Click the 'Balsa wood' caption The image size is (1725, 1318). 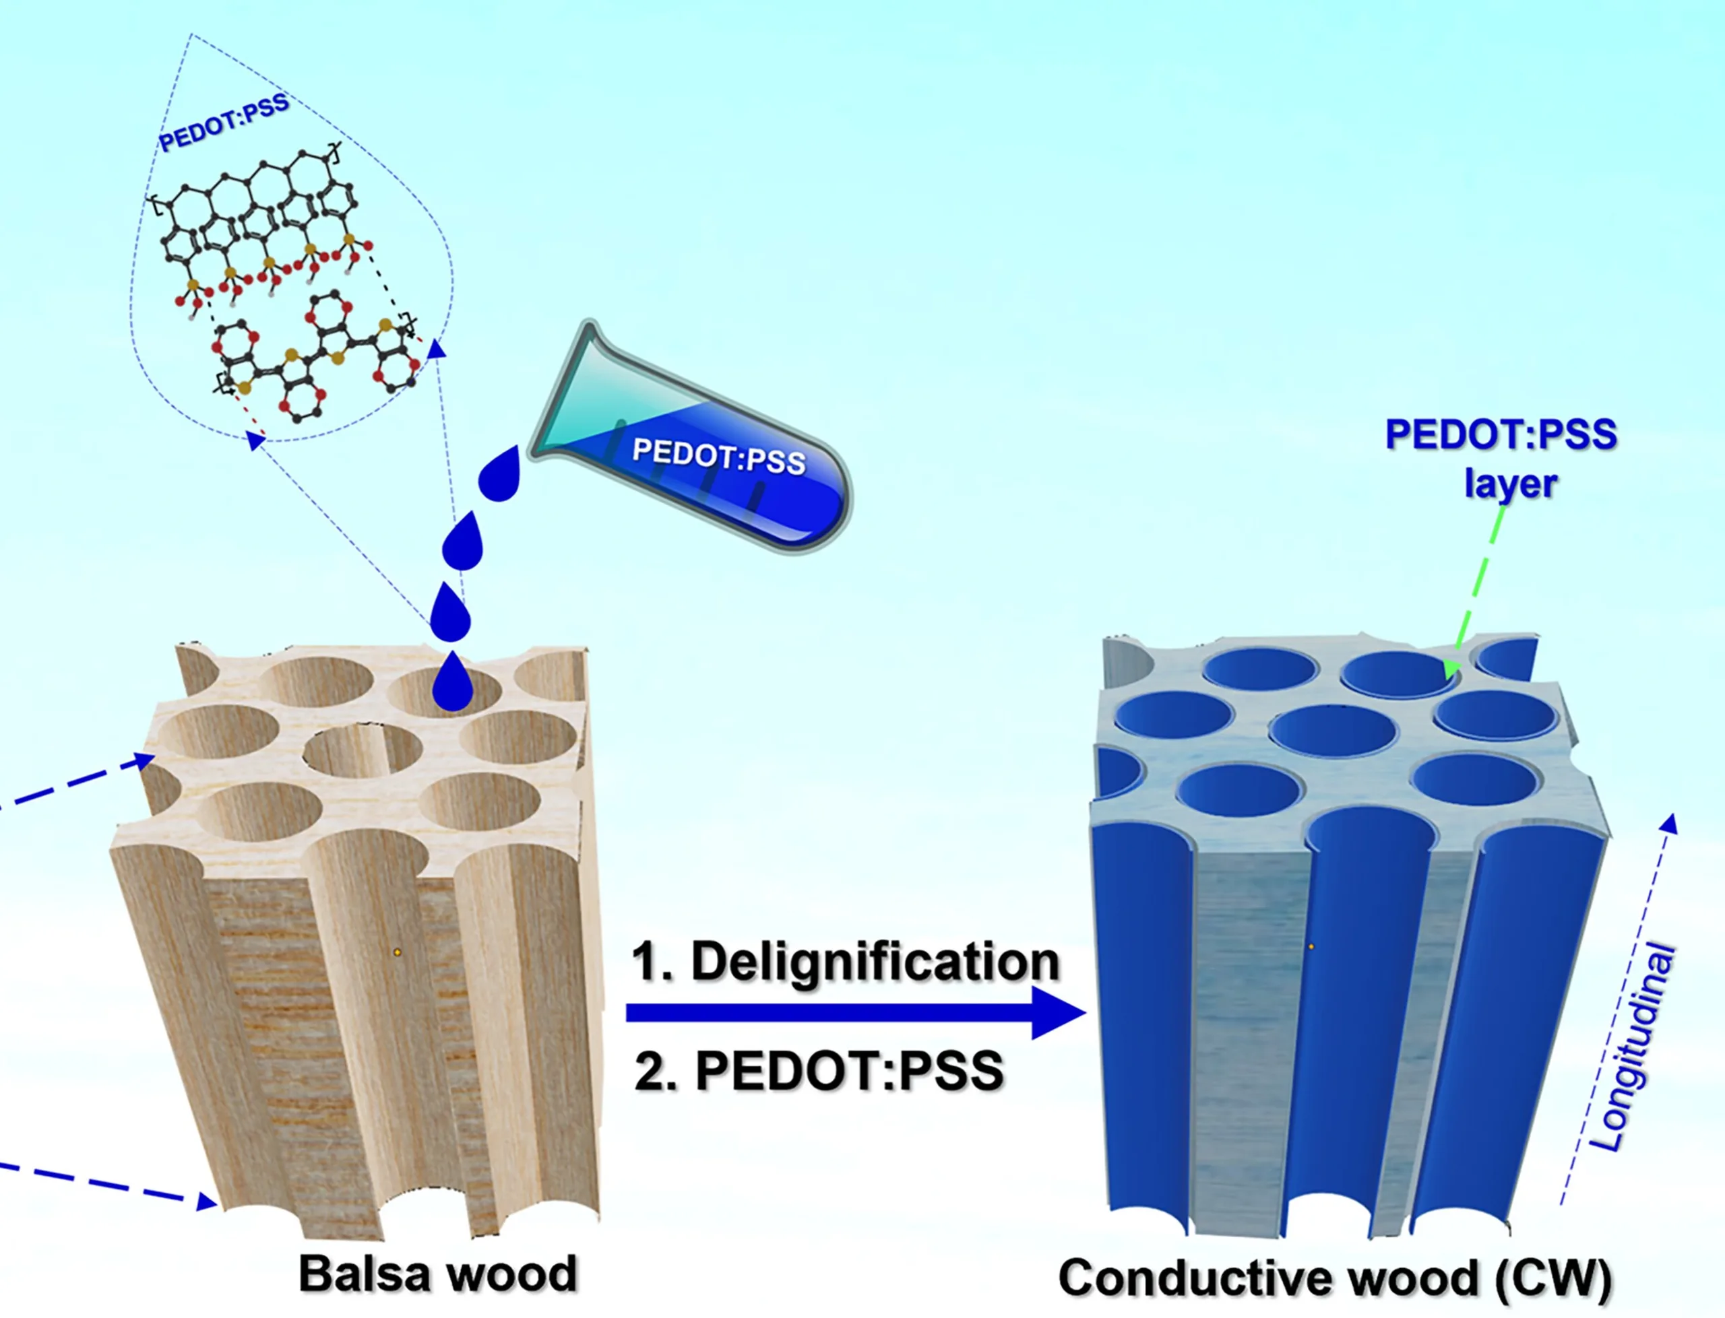[437, 1274]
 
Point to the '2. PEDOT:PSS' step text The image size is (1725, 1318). [819, 1071]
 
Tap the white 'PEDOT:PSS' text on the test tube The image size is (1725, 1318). [718, 457]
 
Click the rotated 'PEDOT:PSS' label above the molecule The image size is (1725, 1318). [224, 123]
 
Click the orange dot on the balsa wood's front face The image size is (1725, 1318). [397, 952]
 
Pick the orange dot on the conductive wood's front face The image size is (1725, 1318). [1311, 947]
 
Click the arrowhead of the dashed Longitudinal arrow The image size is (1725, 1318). [1669, 824]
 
